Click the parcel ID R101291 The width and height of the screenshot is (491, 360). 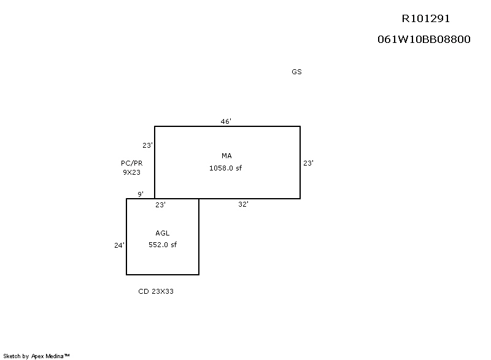pos(425,19)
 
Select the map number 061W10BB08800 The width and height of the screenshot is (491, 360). pos(423,39)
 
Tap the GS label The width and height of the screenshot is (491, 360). pos(296,72)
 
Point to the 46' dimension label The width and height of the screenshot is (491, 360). pos(226,121)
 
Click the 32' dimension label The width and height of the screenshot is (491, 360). pos(243,204)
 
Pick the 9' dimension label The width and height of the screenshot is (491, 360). pos(141,194)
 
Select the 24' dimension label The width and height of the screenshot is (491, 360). pos(119,245)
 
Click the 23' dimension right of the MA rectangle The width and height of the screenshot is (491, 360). pos(309,163)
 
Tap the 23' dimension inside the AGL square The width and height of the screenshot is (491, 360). pos(160,205)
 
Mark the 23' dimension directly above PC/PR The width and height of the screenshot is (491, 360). pos(147,145)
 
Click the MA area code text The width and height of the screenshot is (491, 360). pos(226,156)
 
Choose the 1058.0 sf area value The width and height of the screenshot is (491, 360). pos(225,168)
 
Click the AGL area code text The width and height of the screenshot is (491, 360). pos(162,233)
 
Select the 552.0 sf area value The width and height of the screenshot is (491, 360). pos(163,245)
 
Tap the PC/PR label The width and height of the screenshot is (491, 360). pos(131,163)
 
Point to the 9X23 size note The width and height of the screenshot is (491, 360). pos(131,172)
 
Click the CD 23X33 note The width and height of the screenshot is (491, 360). pos(156,291)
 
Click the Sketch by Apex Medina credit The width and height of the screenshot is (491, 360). pos(36,356)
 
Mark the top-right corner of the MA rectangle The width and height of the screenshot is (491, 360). pos(300,126)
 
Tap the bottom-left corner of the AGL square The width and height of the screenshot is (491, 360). pos(126,275)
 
